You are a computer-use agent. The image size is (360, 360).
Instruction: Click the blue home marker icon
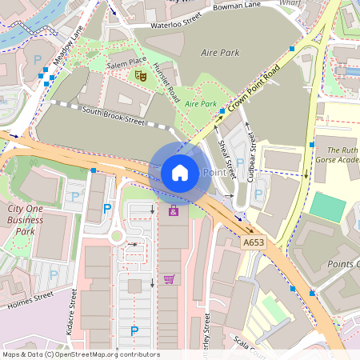point(180,172)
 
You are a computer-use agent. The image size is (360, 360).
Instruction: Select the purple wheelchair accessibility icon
point(173,211)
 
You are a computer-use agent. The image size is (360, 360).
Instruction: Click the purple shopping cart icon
point(169,278)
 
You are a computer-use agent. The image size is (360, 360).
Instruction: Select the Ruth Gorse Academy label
point(336,155)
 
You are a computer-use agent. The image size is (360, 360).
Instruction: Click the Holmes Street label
point(30,300)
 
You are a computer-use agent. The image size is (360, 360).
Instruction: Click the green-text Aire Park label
point(201,104)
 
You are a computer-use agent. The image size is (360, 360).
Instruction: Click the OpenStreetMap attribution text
point(80,354)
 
